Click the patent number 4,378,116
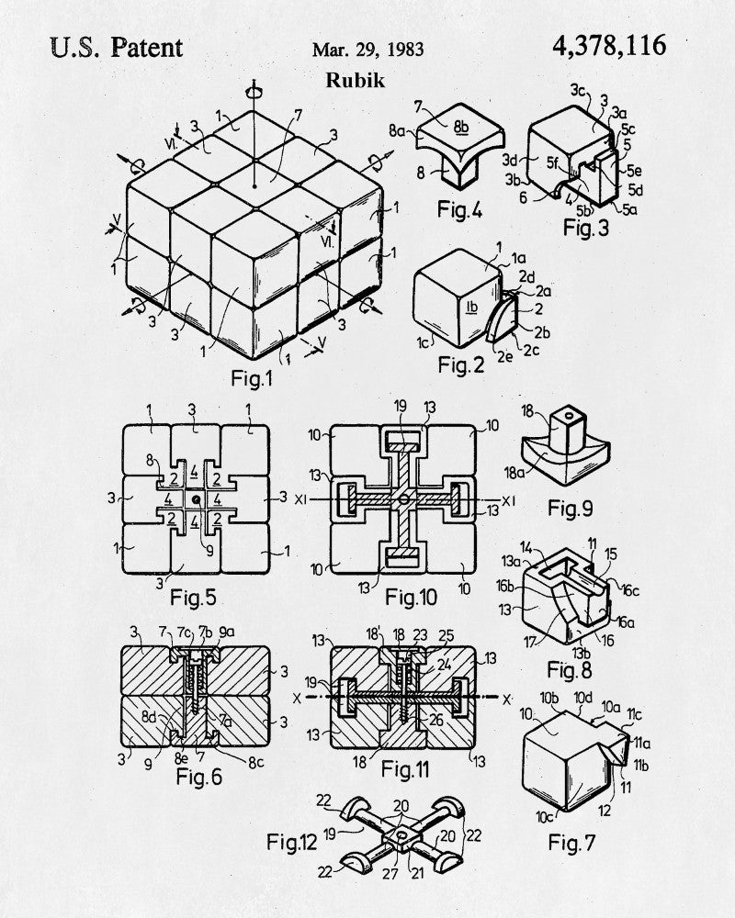[609, 46]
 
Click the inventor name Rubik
[356, 80]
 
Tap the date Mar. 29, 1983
[367, 50]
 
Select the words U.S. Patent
[117, 48]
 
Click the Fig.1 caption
[252, 378]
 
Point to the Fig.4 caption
[459, 209]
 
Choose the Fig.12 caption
[291, 842]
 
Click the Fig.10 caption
[411, 598]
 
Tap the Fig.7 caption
[571, 843]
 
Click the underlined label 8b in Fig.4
[461, 127]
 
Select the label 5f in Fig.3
[553, 162]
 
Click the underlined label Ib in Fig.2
[472, 308]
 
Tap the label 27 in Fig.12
[390, 874]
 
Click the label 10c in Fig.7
[545, 816]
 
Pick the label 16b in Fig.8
[505, 585]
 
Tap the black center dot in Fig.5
[196, 500]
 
